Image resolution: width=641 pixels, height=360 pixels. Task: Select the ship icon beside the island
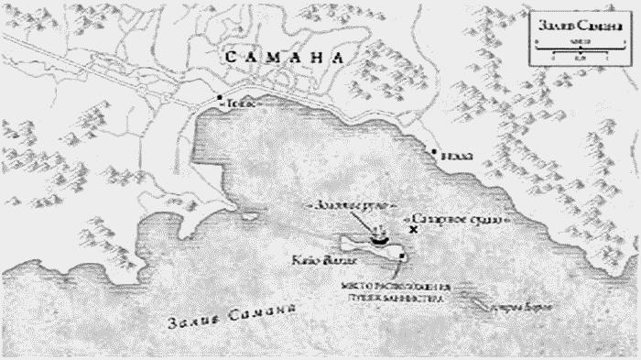click(x=378, y=240)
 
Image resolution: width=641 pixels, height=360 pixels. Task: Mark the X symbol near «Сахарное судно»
click(x=414, y=231)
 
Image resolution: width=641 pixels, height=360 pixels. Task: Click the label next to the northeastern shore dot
click(x=457, y=157)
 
